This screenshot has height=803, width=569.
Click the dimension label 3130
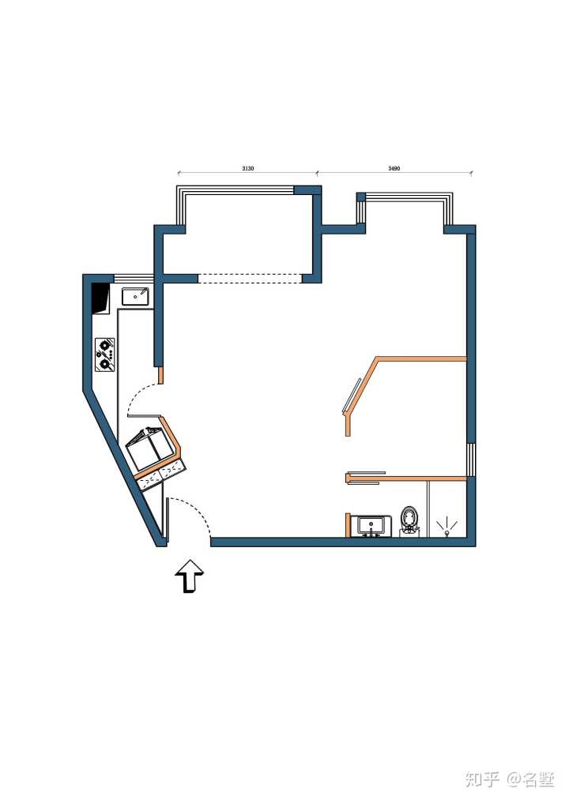tap(247, 168)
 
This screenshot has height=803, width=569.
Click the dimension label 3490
tap(394, 168)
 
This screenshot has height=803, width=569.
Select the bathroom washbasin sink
tap(371, 527)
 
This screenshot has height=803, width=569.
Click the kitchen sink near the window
tap(135, 296)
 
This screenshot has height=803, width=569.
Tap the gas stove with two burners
tap(104, 354)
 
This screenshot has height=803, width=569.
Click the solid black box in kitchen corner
tap(100, 298)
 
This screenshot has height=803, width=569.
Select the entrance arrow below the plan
tap(190, 576)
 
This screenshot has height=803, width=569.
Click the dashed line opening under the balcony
tap(251, 279)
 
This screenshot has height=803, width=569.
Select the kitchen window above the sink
tap(134, 279)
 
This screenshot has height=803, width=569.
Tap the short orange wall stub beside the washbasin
tap(348, 525)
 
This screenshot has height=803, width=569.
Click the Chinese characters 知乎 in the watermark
tap(481, 779)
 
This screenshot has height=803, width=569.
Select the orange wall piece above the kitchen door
tap(160, 375)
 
